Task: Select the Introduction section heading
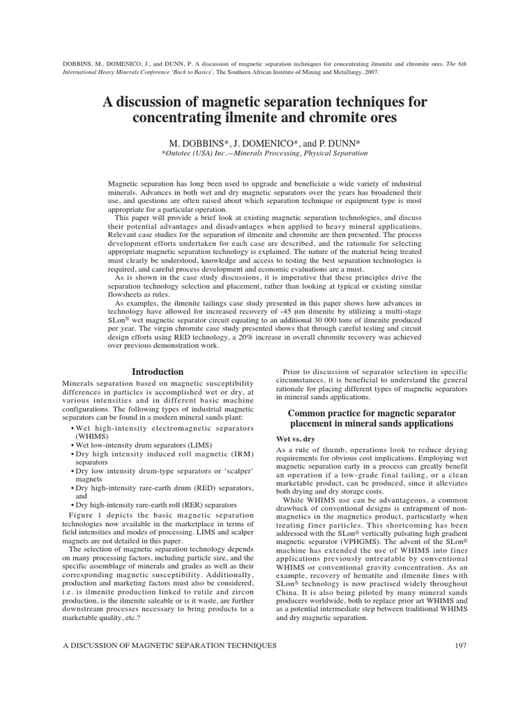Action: [158, 371]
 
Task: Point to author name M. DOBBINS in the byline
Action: [196, 142]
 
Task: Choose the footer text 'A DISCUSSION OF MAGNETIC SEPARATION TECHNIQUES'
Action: [168, 645]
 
